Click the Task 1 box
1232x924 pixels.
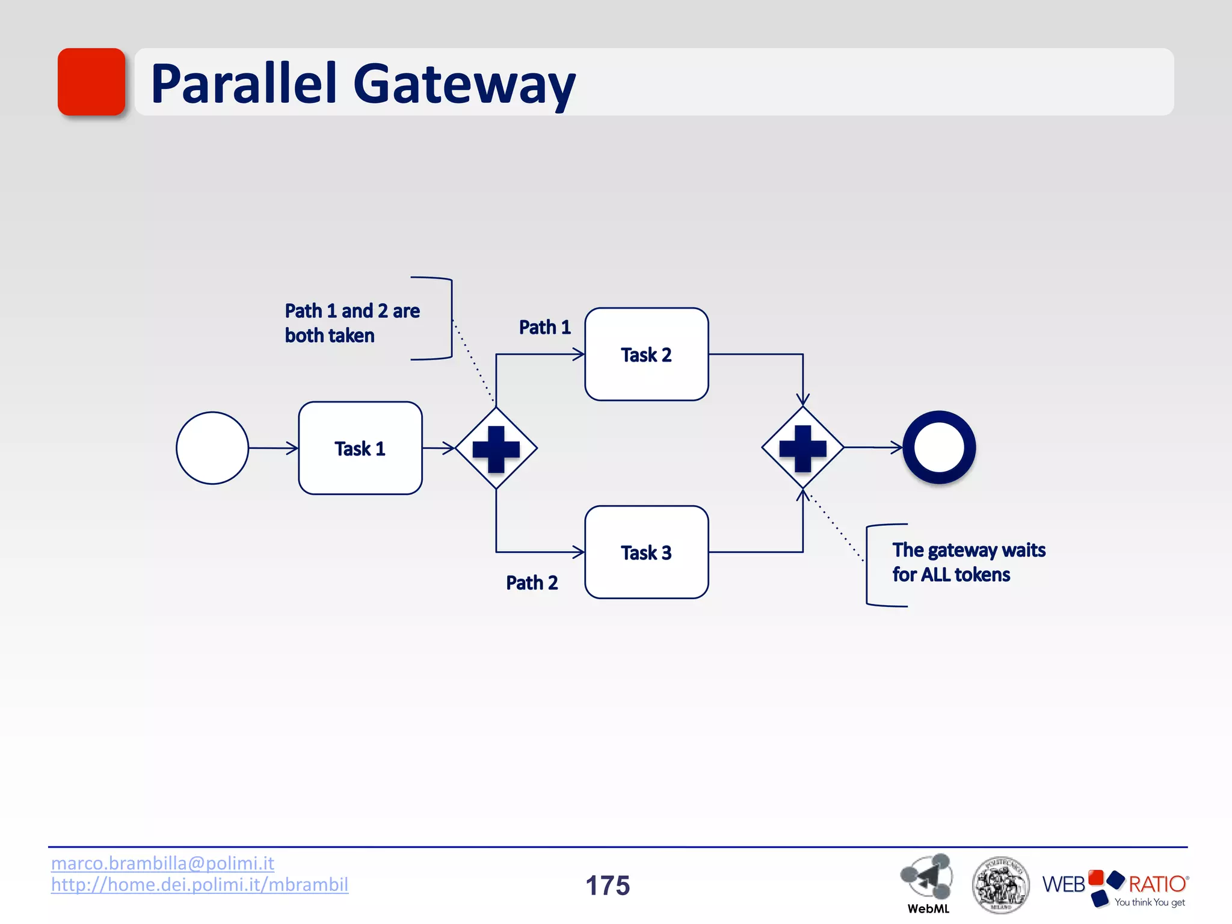[x=360, y=448]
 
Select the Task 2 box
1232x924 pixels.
[x=646, y=354]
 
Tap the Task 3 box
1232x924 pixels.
[x=646, y=552]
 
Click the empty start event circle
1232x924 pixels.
[x=212, y=448]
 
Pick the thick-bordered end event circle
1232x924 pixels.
[x=938, y=448]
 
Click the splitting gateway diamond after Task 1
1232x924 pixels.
[x=496, y=449]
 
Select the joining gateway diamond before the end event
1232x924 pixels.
[x=802, y=448]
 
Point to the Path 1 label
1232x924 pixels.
[x=544, y=327]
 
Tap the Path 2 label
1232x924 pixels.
[x=532, y=583]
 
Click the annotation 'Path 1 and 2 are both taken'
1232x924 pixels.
[x=352, y=323]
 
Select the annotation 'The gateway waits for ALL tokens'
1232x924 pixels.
[x=968, y=562]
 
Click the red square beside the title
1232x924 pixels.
[x=91, y=82]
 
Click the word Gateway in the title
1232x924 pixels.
[x=464, y=84]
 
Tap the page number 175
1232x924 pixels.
[x=608, y=885]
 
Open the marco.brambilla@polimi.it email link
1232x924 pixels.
[x=162, y=863]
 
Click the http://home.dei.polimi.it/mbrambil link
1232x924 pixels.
[x=199, y=885]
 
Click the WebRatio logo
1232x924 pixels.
[x=1115, y=887]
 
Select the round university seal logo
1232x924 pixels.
[x=1000, y=885]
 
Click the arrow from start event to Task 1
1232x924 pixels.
[x=273, y=448]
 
